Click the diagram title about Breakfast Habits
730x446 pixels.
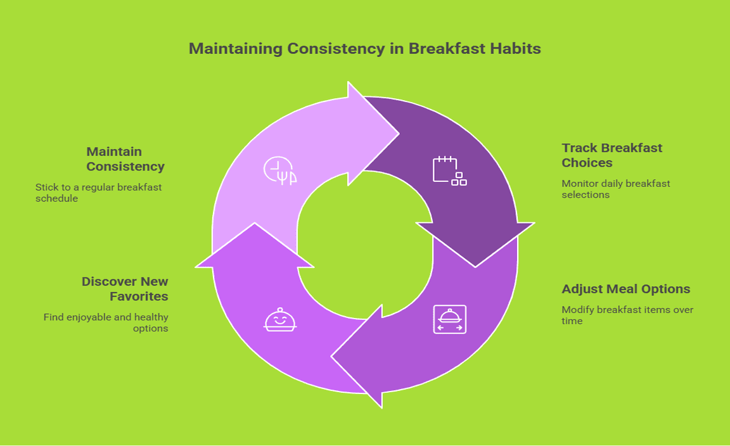click(x=364, y=48)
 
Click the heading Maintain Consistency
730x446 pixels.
click(x=125, y=159)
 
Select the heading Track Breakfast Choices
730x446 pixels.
click(x=612, y=155)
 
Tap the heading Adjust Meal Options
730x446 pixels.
click(x=625, y=289)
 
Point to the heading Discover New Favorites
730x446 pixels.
click(x=125, y=289)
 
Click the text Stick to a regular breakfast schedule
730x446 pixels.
click(x=99, y=193)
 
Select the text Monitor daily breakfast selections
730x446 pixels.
click(x=615, y=189)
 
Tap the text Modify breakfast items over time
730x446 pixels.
click(x=627, y=315)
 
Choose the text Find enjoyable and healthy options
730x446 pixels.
click(x=106, y=322)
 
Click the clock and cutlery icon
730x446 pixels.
click(x=280, y=170)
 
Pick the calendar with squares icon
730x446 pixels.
click(x=450, y=170)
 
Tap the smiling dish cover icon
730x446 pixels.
click(x=280, y=319)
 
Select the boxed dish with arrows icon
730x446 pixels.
click(x=450, y=319)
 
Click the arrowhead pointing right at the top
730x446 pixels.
click(x=373, y=134)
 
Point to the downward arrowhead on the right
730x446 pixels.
click(x=475, y=245)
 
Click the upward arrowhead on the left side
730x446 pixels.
click(x=255, y=245)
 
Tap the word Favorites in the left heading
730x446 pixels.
click(x=139, y=296)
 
